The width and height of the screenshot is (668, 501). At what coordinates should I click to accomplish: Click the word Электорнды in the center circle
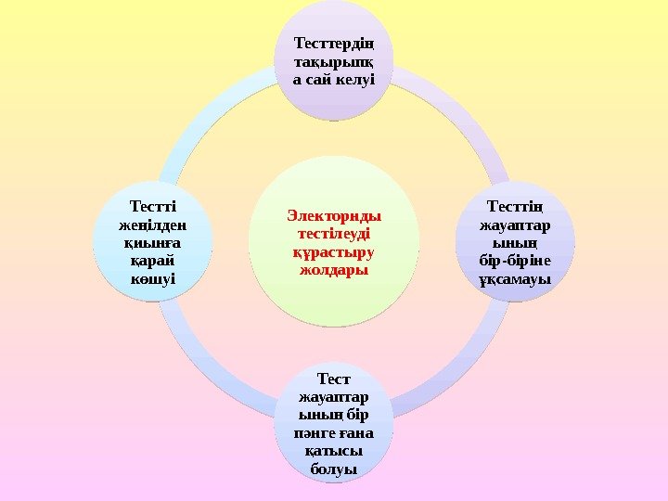click(334, 216)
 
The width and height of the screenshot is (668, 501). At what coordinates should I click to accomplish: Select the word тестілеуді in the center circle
click(334, 234)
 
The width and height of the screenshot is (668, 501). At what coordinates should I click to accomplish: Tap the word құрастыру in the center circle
click(334, 251)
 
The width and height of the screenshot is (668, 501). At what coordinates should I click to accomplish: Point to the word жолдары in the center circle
click(334, 270)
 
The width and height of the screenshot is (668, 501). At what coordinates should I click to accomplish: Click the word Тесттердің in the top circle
click(334, 45)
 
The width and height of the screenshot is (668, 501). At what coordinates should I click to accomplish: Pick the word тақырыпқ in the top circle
click(334, 62)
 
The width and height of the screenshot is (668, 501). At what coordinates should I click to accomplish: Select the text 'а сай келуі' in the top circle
click(334, 80)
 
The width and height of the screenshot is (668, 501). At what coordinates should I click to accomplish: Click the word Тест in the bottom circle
click(334, 379)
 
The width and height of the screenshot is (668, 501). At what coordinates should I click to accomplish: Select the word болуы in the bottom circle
click(334, 469)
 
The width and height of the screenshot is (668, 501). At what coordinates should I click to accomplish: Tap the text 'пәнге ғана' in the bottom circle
click(334, 432)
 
